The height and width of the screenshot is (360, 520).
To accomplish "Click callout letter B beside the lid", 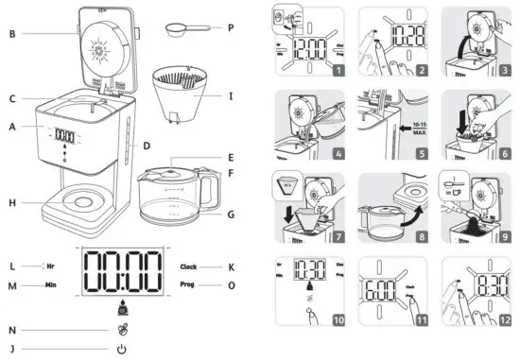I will [x=11, y=34].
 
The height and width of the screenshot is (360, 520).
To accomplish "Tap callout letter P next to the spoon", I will [x=229, y=28].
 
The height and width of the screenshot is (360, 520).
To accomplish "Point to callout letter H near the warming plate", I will [x=11, y=202].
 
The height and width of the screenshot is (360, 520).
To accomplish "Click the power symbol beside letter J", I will [x=121, y=349].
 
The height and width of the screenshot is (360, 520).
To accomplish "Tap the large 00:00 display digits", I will [x=119, y=275].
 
